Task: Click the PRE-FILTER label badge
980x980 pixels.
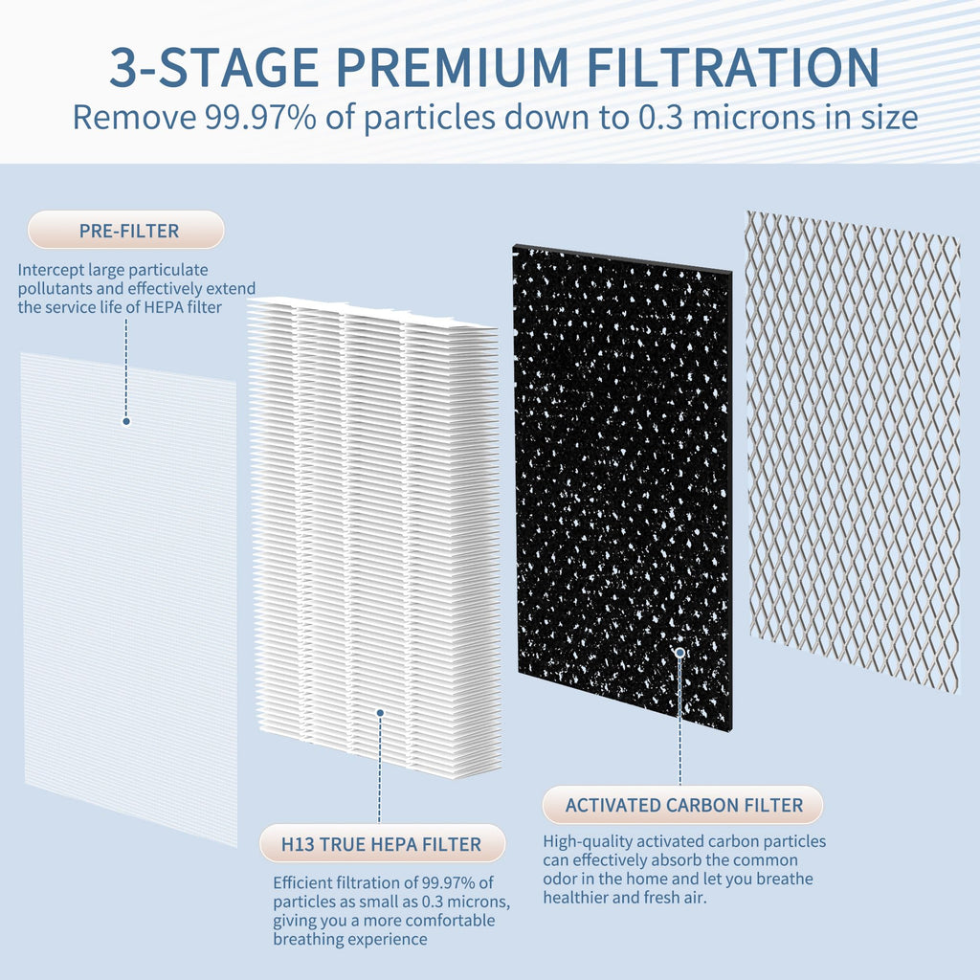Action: (x=126, y=231)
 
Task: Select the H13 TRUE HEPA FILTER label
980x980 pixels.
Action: (x=381, y=844)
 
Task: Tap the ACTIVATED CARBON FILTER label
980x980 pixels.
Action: (x=683, y=806)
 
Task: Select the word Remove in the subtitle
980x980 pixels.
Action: (x=132, y=118)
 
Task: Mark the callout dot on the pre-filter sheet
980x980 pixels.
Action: (x=125, y=421)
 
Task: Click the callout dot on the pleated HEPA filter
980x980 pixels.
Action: (x=380, y=712)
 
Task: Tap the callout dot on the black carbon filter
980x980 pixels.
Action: (x=679, y=653)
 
